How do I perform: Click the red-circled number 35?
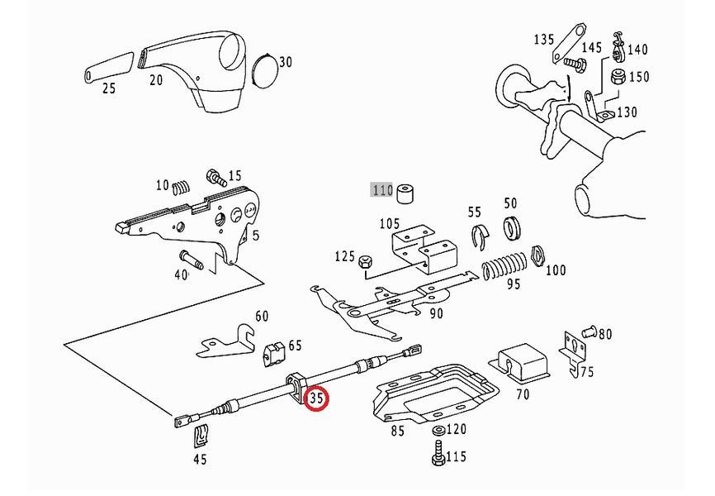(x=316, y=398)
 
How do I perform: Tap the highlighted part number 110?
(x=382, y=189)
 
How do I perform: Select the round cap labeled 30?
(x=265, y=70)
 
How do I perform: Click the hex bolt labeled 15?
(x=216, y=177)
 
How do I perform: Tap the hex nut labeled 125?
(x=365, y=262)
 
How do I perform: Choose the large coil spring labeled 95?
(x=504, y=265)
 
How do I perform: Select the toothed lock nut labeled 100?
(x=538, y=257)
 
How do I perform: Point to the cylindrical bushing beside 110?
(x=405, y=194)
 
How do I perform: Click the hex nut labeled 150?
(x=618, y=76)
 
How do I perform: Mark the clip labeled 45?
(x=201, y=436)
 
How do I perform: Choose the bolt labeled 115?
(x=438, y=455)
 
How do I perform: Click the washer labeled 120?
(x=438, y=431)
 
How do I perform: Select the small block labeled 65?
(x=273, y=353)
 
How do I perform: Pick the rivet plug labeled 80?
(x=590, y=330)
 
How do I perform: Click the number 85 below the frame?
(x=398, y=430)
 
